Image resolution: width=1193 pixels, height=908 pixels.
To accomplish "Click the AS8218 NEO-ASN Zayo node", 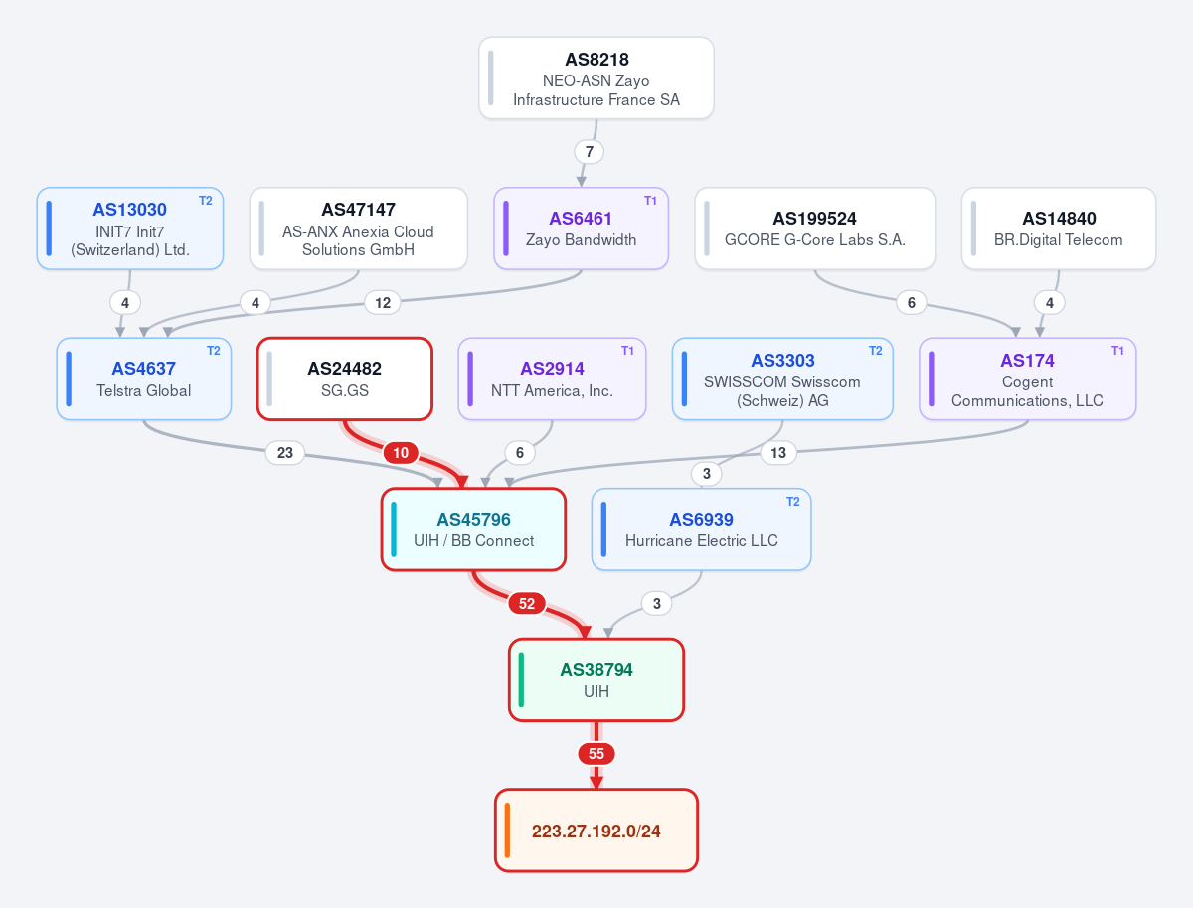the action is tap(596, 78).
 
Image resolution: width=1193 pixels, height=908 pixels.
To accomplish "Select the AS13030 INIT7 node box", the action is tap(130, 228).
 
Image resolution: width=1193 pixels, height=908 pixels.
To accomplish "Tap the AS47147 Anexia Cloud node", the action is tap(358, 228).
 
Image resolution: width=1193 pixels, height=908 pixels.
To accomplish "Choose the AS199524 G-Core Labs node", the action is tap(814, 228).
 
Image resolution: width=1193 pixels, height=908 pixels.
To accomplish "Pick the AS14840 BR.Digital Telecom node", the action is tap(1058, 228).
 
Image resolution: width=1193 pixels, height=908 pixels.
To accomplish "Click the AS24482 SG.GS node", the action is tap(345, 378).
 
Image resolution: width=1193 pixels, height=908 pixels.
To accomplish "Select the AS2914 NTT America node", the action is tap(552, 378).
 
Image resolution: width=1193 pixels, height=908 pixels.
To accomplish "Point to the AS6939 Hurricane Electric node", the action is tap(701, 530).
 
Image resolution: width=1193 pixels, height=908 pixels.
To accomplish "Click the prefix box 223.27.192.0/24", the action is tap(596, 831).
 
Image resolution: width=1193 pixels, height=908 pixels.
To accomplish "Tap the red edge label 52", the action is tap(527, 603).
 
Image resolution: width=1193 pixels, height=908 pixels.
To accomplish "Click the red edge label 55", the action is tap(596, 754).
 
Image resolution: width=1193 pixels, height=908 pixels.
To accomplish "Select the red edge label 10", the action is tap(401, 452).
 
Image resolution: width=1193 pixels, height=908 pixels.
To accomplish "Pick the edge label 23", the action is tap(284, 452).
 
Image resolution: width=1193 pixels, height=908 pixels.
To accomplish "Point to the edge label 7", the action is tap(590, 152).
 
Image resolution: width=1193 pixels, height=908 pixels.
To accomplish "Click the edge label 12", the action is tap(383, 302).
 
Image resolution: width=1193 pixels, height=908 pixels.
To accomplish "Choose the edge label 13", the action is tap(778, 452).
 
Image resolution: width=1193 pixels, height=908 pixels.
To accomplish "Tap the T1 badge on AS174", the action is tap(1117, 351).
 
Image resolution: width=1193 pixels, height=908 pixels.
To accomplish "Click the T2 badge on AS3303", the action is tap(875, 351).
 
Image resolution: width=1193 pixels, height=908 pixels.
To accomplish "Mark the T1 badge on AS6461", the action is tap(650, 201).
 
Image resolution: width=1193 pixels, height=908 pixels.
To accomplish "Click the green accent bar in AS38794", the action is tap(521, 680).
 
